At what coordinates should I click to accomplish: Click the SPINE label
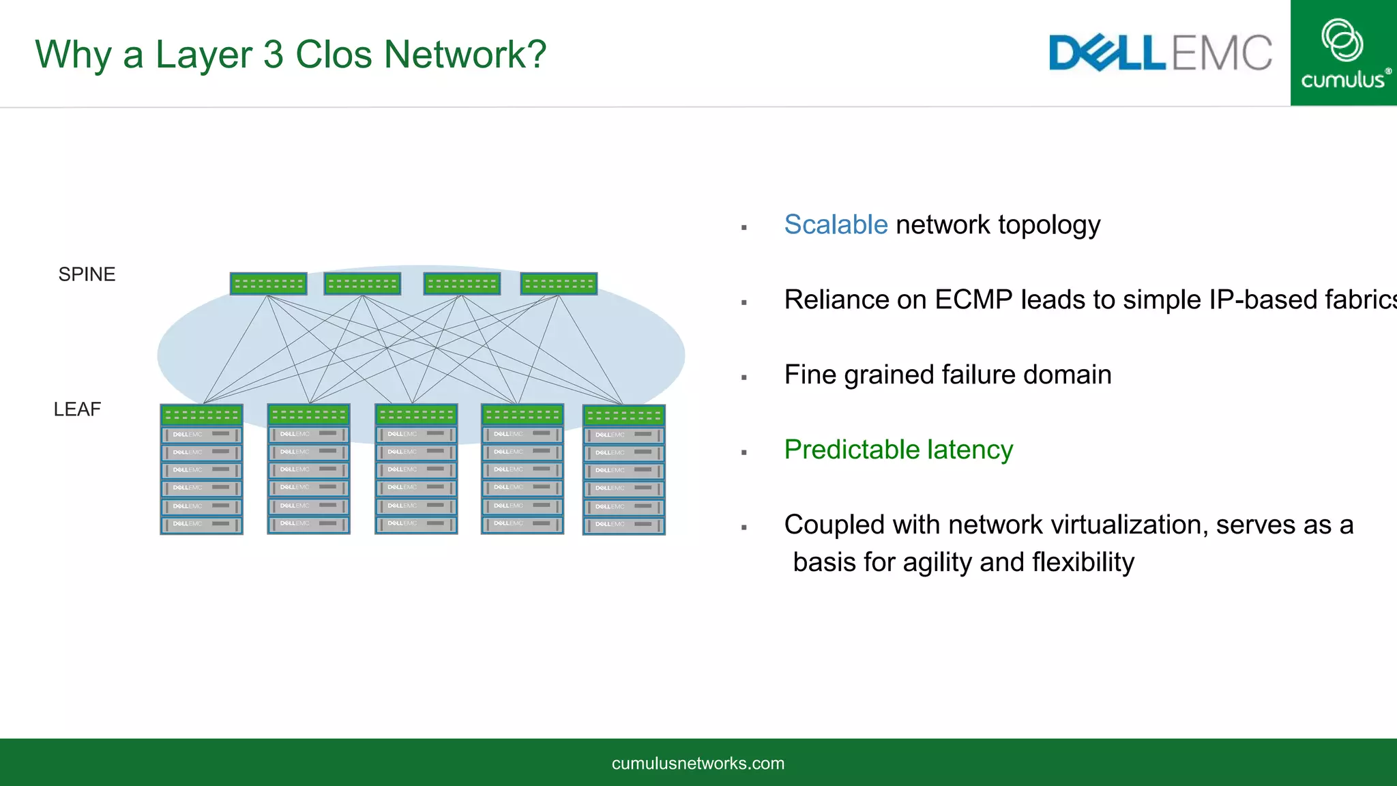[87, 274]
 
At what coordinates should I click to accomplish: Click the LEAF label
[77, 409]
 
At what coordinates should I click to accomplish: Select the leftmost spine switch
[268, 284]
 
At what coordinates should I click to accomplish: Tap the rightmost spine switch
[559, 284]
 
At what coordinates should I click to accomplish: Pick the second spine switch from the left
[362, 284]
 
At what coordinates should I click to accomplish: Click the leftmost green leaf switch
[201, 415]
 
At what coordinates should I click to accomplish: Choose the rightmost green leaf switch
[623, 416]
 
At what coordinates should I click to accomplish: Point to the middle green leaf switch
[416, 414]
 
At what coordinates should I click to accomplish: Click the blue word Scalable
[836, 225]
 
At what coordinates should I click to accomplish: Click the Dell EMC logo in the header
[1160, 53]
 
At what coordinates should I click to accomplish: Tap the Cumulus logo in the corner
[1343, 53]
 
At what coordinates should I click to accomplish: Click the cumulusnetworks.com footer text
[698, 763]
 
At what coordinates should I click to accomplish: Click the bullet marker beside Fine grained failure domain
[744, 377]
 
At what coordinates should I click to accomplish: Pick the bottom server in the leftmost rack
[201, 524]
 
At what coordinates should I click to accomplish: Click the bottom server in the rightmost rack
[623, 525]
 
